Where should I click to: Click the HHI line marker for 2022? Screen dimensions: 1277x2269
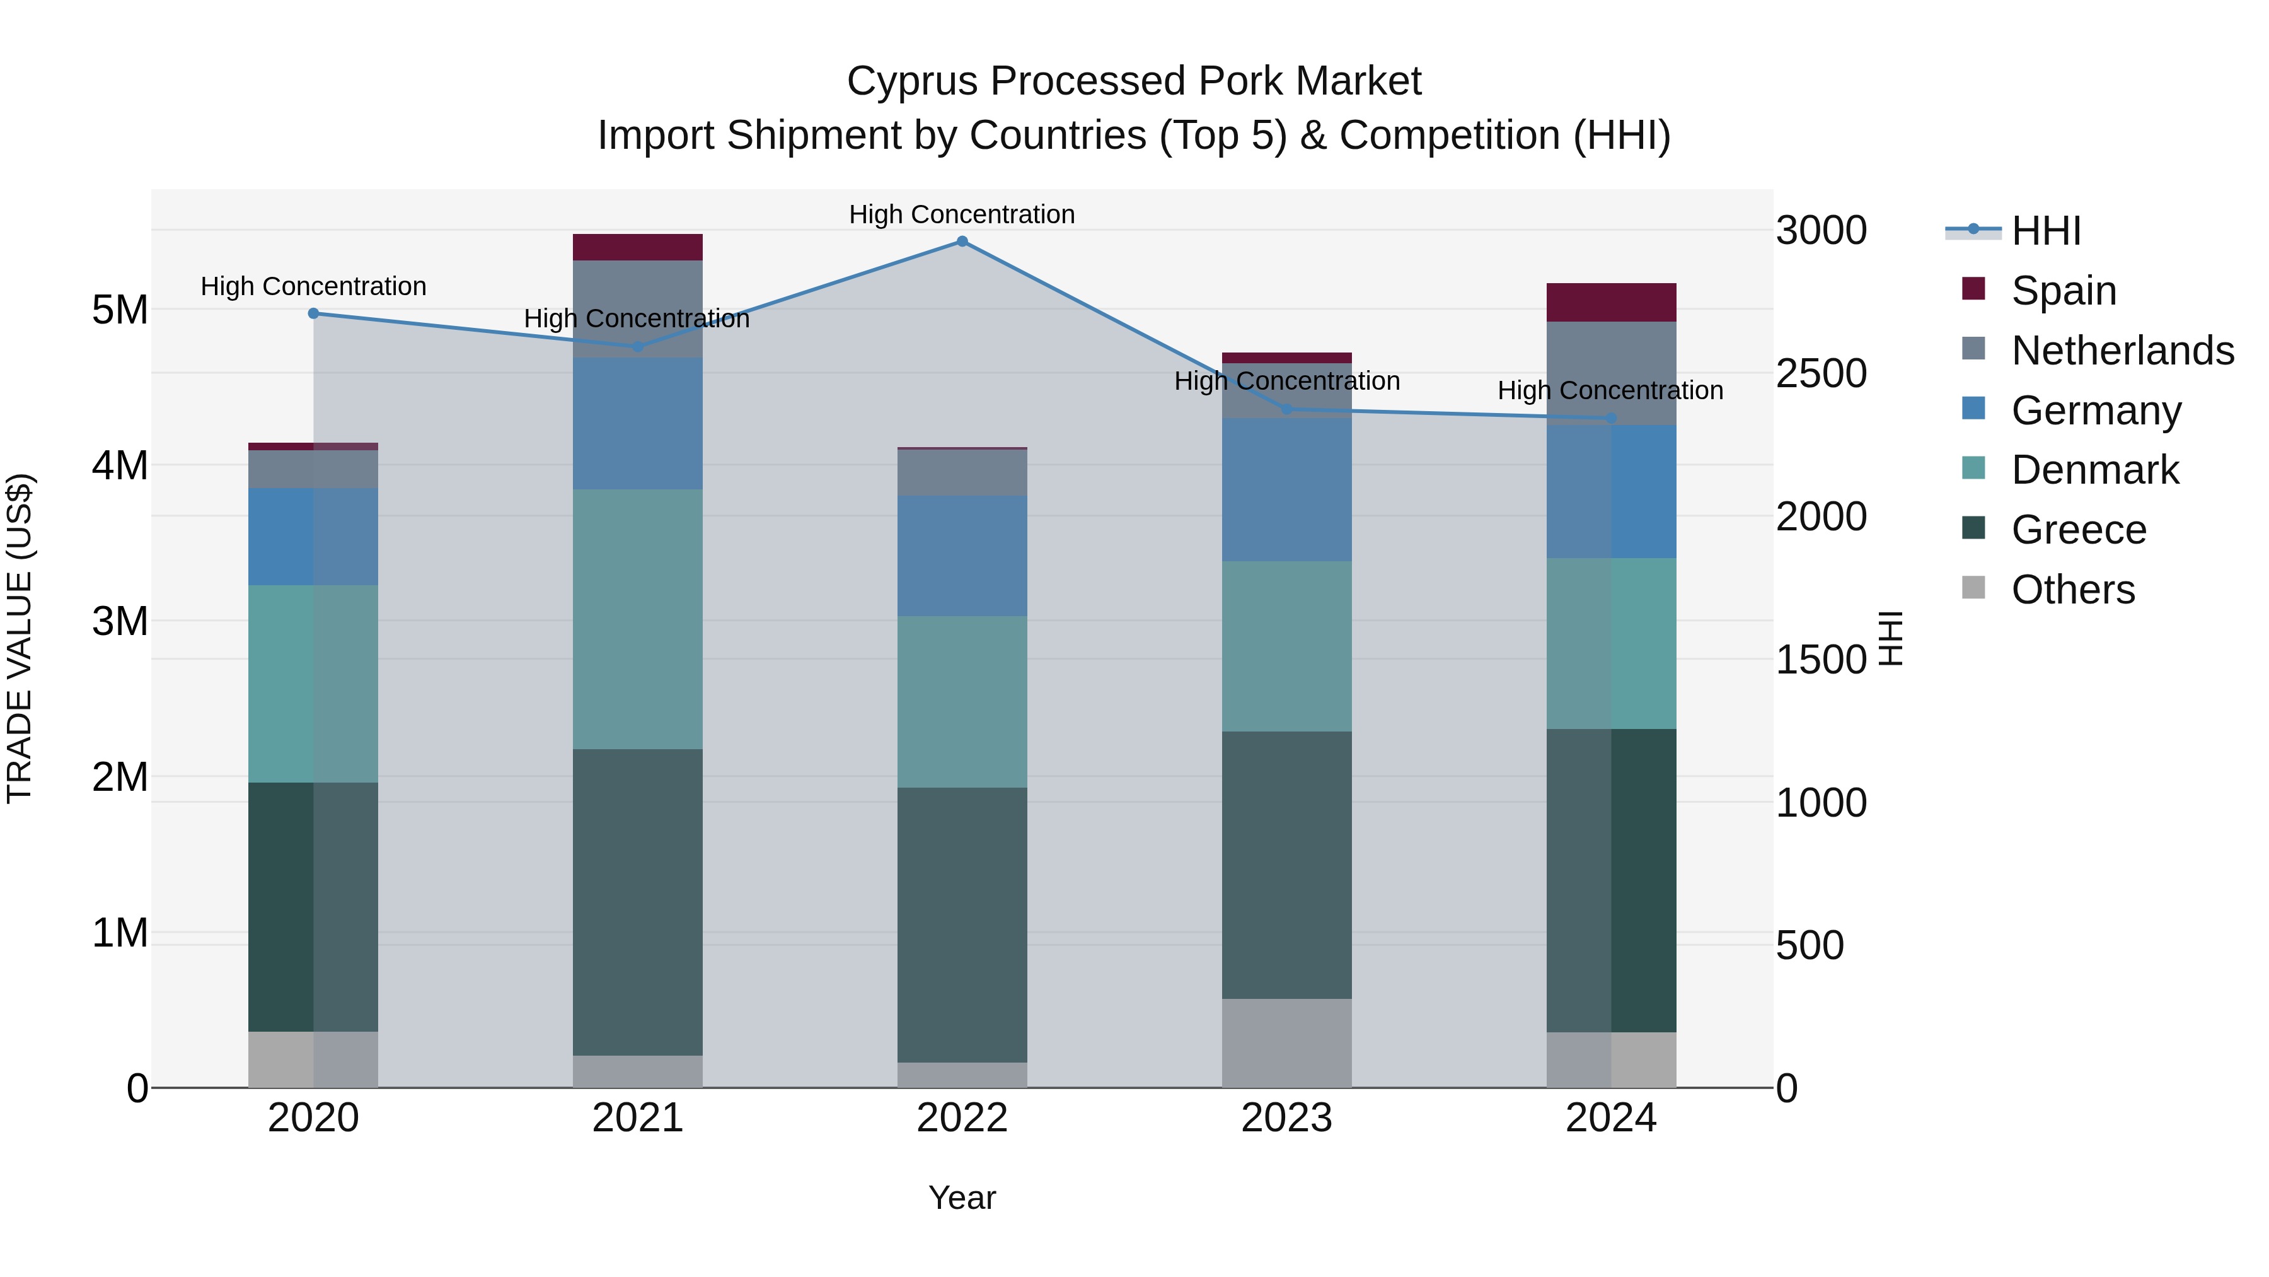(962, 242)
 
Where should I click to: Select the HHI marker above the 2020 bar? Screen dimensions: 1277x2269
(314, 313)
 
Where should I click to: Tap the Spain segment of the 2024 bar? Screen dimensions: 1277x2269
(1611, 302)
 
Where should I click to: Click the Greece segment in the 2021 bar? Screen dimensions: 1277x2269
(638, 902)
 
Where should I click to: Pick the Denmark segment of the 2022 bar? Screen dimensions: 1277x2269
(962, 701)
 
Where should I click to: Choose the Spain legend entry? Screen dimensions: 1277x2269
(2063, 290)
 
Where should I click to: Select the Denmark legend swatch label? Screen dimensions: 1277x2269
(2094, 470)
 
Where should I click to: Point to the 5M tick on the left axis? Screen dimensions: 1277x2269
(120, 310)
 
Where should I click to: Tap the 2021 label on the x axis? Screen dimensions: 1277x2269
(638, 1118)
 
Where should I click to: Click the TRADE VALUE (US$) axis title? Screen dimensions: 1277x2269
(20, 638)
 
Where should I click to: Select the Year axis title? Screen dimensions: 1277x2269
(962, 1198)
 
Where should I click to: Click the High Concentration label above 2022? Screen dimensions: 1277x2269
(962, 214)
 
